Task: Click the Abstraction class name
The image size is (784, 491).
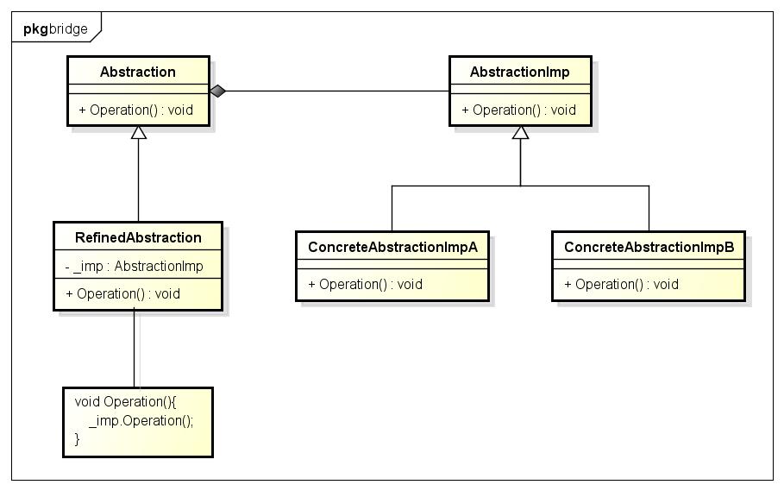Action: tap(138, 72)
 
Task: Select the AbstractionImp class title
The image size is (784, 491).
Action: tap(519, 72)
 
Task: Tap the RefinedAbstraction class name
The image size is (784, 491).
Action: tap(138, 237)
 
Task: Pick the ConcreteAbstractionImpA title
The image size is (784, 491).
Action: tap(392, 247)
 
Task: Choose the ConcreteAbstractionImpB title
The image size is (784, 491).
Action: tap(649, 247)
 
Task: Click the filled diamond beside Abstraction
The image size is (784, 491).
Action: tap(217, 91)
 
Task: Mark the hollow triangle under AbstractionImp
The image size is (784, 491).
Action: tap(519, 133)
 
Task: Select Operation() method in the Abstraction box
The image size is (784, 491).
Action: tap(135, 110)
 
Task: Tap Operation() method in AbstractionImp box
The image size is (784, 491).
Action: tap(518, 110)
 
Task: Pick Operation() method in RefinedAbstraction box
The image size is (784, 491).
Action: tap(122, 293)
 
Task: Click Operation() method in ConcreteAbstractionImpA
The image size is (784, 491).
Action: tap(365, 284)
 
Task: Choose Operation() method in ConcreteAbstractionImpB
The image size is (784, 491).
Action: tap(621, 284)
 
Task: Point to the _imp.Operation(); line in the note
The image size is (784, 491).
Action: tap(141, 421)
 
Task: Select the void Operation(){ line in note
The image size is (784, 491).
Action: tap(126, 402)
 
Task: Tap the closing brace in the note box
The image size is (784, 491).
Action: tap(78, 439)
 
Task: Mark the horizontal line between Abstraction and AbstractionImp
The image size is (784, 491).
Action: tap(336, 91)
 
